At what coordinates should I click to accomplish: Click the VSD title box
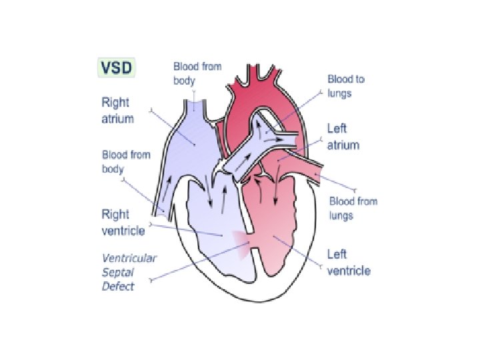[x=117, y=67]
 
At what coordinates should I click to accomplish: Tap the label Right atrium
[x=117, y=111]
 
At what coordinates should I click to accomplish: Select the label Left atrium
[x=343, y=137]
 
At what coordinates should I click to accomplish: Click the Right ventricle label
[x=123, y=223]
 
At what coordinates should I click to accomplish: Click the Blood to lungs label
[x=345, y=86]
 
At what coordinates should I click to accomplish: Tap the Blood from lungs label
[x=353, y=208]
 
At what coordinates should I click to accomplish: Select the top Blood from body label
[x=197, y=73]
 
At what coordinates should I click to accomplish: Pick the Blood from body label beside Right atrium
[x=125, y=162]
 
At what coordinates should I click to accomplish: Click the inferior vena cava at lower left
[x=163, y=207]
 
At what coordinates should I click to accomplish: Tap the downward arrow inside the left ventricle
[x=276, y=193]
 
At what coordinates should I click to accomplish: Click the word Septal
[x=118, y=272]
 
